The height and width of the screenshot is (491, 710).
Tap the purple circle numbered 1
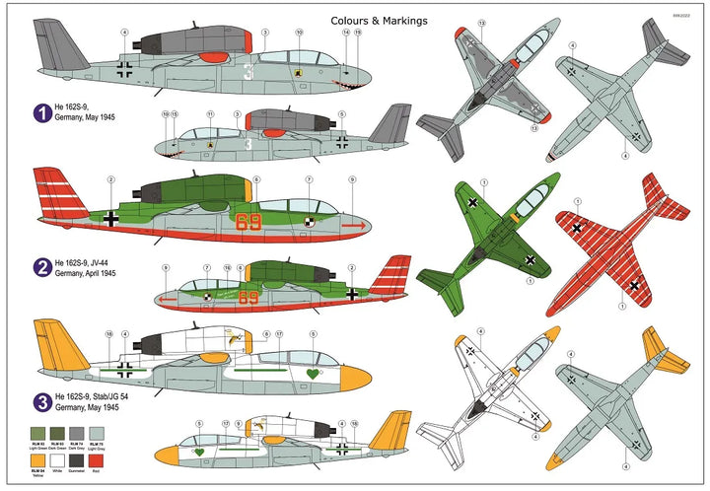[x=42, y=114]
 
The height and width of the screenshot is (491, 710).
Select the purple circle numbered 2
[x=42, y=266]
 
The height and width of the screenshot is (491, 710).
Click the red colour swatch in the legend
[x=134, y=458]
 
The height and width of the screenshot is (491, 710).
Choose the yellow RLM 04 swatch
[x=38, y=458]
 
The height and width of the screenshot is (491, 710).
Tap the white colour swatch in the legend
[x=71, y=458]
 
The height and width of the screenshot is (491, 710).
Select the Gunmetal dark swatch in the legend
[x=103, y=458]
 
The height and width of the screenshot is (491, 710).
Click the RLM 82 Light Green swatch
[x=38, y=433]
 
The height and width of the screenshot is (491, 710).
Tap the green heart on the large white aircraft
[x=314, y=375]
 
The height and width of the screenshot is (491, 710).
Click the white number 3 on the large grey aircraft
[x=248, y=72]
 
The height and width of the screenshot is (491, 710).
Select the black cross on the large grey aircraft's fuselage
[x=125, y=69]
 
